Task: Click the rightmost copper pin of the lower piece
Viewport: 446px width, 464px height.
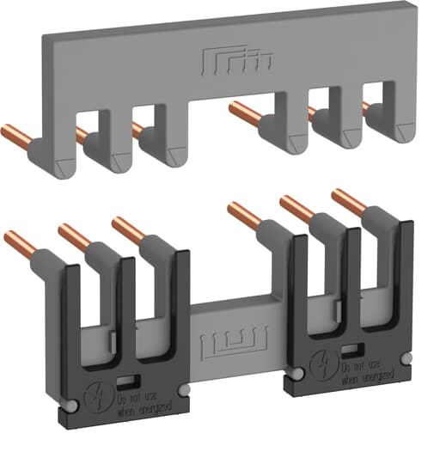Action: [349, 203]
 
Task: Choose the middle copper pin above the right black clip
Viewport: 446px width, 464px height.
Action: [297, 209]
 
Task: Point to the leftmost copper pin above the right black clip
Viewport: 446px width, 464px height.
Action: [244, 216]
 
